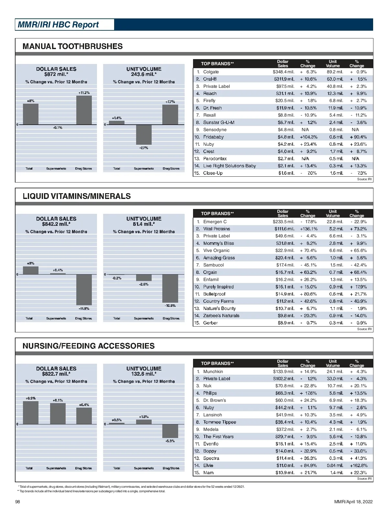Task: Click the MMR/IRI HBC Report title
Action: (59, 25)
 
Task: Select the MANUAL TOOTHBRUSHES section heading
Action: (73, 46)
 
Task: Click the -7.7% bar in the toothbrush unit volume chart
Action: (144, 134)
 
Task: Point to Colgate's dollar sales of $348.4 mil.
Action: (284, 72)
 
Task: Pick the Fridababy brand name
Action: (213, 137)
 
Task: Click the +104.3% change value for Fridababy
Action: (308, 137)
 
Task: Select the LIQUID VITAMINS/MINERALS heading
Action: (77, 196)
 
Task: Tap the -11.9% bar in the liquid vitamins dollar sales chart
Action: (84, 290)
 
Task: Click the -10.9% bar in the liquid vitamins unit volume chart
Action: (170, 288)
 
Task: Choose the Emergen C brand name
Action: (215, 222)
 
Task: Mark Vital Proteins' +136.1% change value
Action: (308, 229)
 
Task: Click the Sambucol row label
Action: (213, 265)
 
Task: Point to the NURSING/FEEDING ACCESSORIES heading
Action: (89, 346)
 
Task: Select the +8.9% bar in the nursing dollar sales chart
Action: (31, 412)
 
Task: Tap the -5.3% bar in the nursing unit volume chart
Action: (170, 431)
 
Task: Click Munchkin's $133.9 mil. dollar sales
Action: (284, 371)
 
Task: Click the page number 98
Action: (18, 502)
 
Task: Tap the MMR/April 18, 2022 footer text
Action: (353, 502)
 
